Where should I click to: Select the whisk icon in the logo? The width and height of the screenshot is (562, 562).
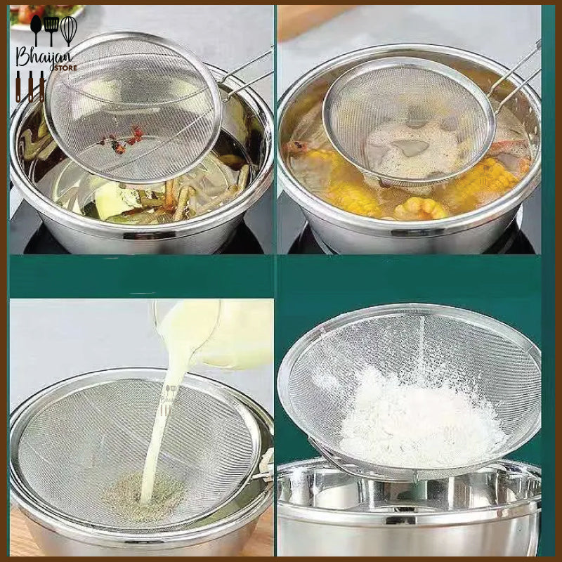(68, 30)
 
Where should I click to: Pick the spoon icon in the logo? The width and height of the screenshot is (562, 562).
(36, 30)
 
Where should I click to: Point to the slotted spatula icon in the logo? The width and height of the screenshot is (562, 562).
(51, 30)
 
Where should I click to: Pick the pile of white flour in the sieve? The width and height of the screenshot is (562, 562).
(414, 414)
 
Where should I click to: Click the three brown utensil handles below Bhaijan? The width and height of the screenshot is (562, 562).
(31, 88)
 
